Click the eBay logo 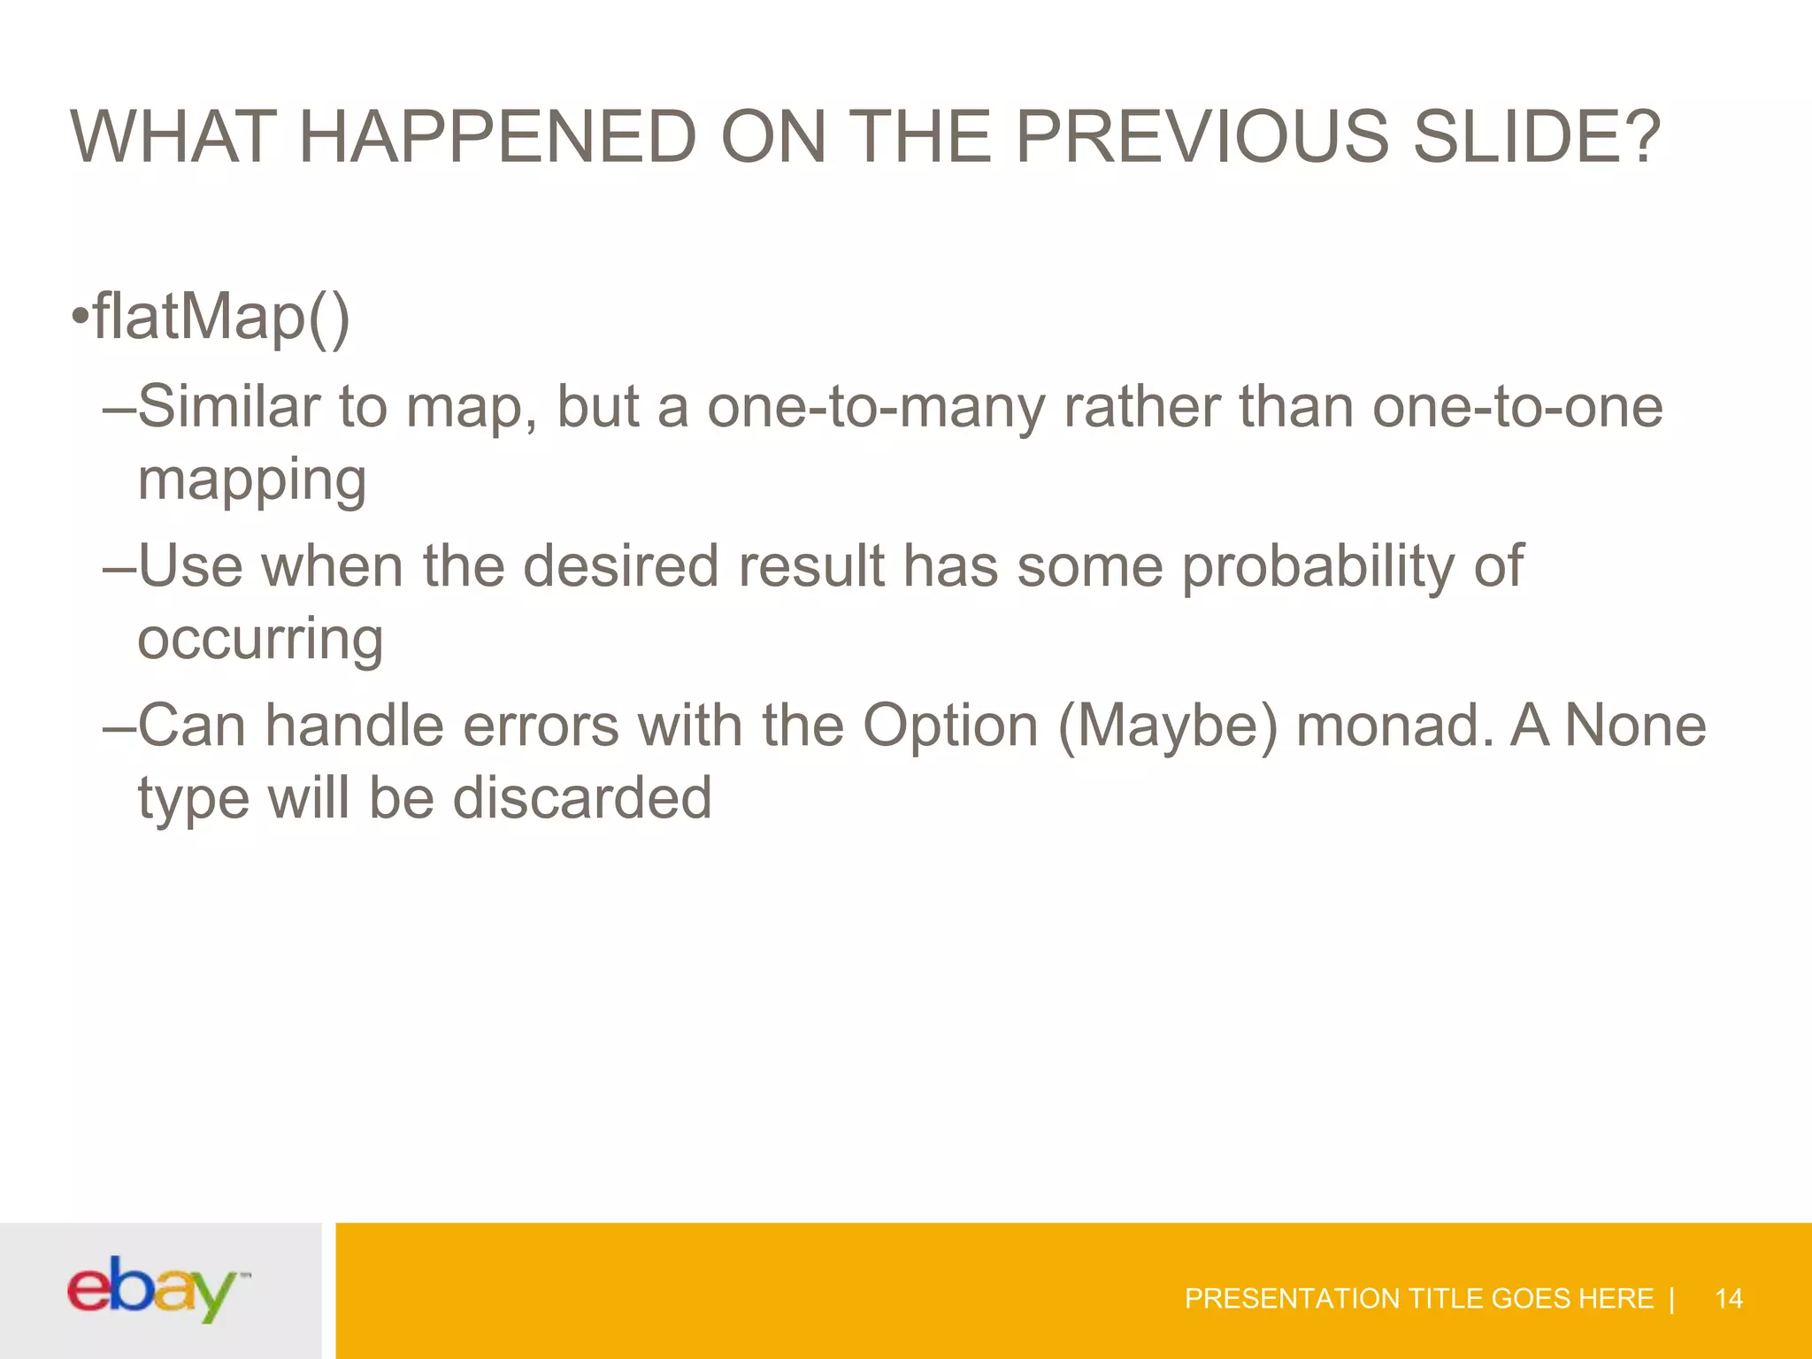point(157,1290)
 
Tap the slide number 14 point(1728,1299)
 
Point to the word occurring point(260,641)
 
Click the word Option point(950,726)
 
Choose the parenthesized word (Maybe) point(1168,726)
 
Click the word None point(1635,726)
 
